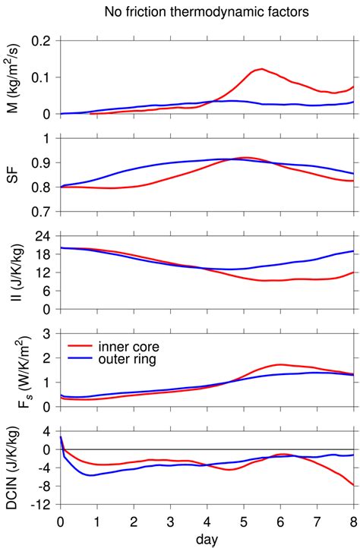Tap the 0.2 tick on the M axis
point(46,40)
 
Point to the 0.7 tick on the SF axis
point(46,212)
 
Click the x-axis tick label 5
point(244,521)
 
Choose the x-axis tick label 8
point(353,521)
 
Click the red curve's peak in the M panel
point(261,69)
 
